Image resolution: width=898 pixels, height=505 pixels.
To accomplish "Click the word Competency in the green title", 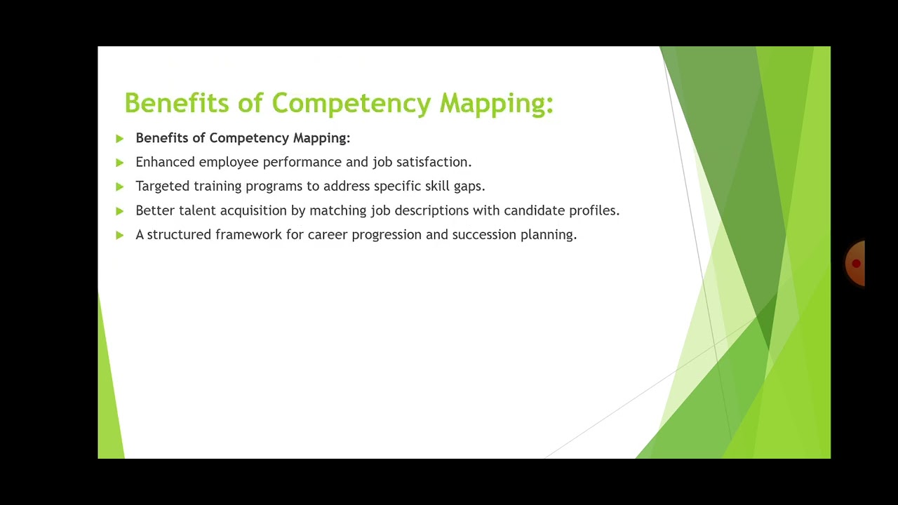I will pos(351,103).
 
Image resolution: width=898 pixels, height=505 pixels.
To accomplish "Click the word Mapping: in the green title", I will pos(496,103).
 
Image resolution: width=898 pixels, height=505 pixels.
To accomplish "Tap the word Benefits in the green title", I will pos(177,103).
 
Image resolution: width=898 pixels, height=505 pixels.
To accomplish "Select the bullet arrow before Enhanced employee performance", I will pos(119,163).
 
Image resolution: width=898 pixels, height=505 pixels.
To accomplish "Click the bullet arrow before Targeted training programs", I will pos(119,187).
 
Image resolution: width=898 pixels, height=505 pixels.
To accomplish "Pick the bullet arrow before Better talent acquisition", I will pos(119,211).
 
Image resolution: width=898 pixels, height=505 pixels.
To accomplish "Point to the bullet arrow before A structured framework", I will pos(119,235).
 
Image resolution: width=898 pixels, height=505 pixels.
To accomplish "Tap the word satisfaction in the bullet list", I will pos(433,162).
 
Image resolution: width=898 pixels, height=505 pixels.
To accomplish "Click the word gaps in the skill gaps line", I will pos(468,187).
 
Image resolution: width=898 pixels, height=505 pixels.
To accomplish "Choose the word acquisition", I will pos(253,210).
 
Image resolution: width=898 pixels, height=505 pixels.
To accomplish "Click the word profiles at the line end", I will pos(593,210).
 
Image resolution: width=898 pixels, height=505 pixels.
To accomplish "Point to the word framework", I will pos(248,234).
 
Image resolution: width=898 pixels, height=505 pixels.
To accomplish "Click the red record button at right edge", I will pos(856,264).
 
